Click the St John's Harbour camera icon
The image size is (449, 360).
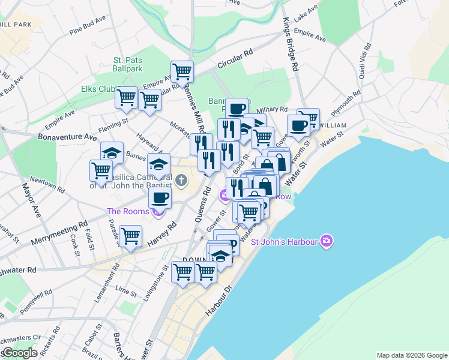327,241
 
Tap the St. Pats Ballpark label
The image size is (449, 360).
128,64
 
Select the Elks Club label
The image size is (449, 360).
98,89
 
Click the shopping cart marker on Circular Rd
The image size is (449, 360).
182,72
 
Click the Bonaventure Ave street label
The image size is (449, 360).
67,137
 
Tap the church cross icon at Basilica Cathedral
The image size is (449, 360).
181,179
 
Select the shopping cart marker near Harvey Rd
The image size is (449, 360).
130,236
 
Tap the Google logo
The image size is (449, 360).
19,353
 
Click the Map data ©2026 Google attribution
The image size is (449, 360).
411,355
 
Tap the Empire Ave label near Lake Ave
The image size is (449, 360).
310,35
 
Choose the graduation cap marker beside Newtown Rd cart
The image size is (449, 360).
112,152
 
